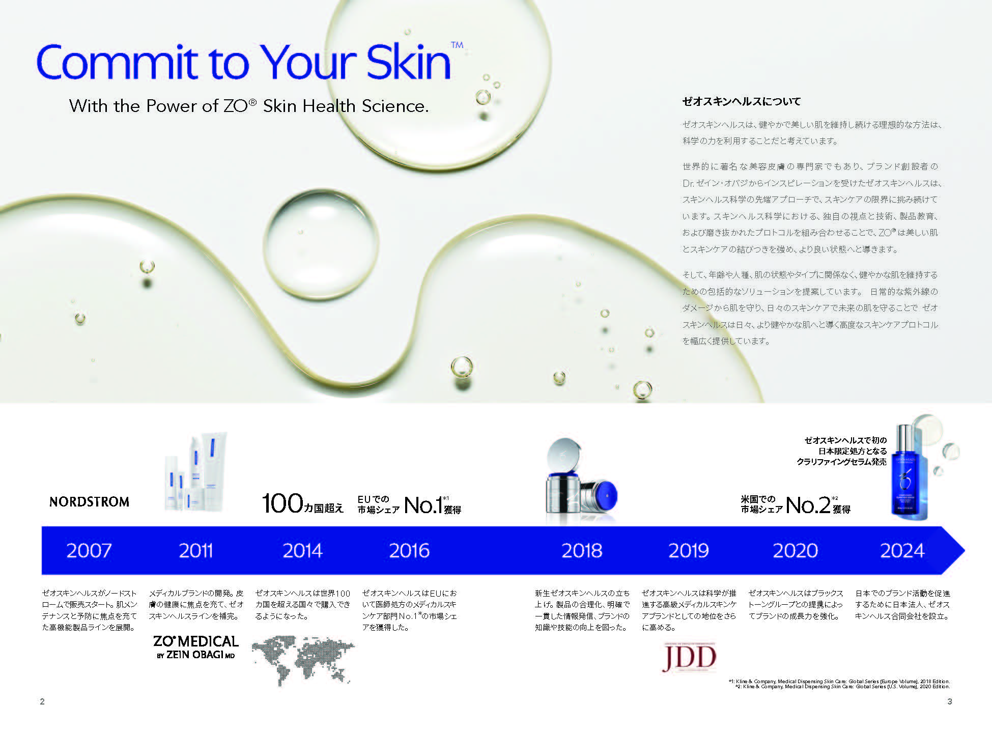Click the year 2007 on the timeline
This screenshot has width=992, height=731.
[x=89, y=550]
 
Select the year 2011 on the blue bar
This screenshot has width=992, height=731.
[x=195, y=550]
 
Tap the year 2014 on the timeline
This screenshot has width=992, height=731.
[x=302, y=550]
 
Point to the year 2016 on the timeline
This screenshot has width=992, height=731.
[x=409, y=550]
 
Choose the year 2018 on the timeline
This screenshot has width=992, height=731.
[x=582, y=550]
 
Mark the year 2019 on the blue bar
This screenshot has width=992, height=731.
[x=689, y=550]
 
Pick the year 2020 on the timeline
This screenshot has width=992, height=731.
[x=795, y=550]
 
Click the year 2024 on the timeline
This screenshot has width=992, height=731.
[x=902, y=550]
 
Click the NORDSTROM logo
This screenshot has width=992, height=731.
[x=89, y=502]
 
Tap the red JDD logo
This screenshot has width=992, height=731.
[x=689, y=657]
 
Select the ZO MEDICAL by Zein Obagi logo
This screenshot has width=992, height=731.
[x=196, y=647]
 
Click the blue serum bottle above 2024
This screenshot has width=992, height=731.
[x=909, y=471]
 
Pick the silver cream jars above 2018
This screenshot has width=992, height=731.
[x=580, y=481]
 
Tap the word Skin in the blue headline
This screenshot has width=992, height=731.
[x=408, y=62]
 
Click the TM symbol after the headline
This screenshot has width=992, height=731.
[x=457, y=45]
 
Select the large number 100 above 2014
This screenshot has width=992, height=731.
[x=282, y=503]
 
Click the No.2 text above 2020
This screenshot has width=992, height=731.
[x=808, y=505]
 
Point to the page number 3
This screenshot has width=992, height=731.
[x=949, y=701]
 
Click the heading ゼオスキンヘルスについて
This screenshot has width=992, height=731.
[x=741, y=102]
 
